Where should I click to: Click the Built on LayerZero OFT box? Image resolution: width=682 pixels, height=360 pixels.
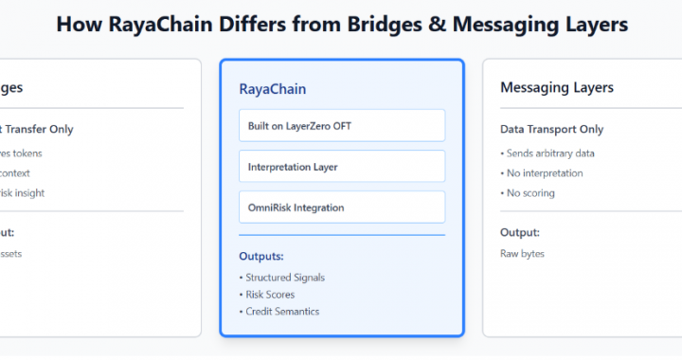click(341, 125)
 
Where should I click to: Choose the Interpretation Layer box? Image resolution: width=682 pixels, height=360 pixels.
click(341, 167)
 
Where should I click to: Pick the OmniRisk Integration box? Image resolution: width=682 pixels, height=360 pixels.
click(341, 207)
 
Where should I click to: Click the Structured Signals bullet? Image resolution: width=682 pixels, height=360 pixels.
click(284, 278)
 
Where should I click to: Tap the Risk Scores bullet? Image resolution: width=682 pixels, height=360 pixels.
click(270, 295)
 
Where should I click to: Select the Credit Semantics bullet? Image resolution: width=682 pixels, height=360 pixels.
click(282, 312)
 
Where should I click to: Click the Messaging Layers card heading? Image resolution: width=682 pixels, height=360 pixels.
click(557, 87)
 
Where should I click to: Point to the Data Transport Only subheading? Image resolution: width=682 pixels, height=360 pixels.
click(551, 130)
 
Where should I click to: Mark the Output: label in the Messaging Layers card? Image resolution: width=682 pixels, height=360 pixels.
click(520, 232)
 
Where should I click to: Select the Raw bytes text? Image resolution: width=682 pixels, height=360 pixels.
click(523, 254)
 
